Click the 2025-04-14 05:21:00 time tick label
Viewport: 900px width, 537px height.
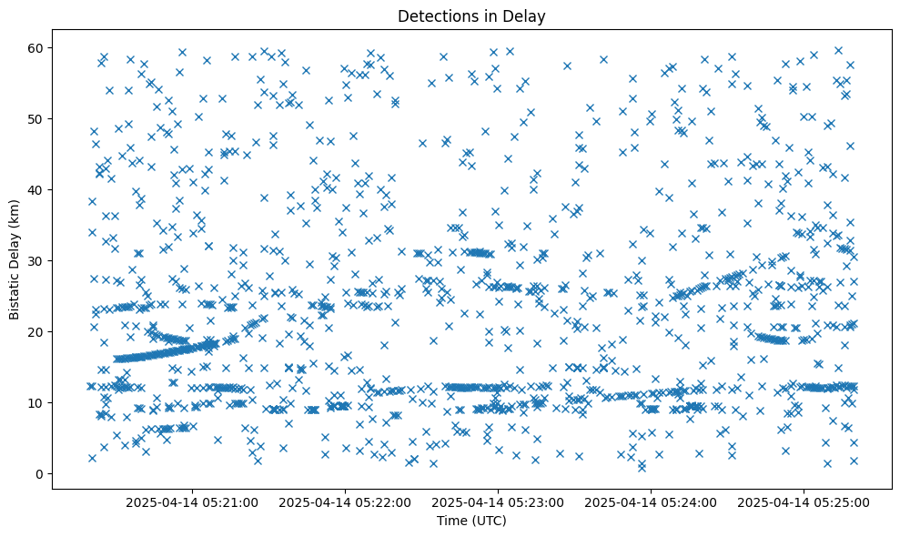click(193, 502)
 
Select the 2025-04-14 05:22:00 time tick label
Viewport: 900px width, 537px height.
click(346, 502)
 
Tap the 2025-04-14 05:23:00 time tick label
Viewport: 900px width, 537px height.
click(499, 502)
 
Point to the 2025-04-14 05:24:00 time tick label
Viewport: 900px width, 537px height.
click(652, 502)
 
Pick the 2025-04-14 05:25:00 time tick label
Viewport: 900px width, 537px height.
click(804, 502)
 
